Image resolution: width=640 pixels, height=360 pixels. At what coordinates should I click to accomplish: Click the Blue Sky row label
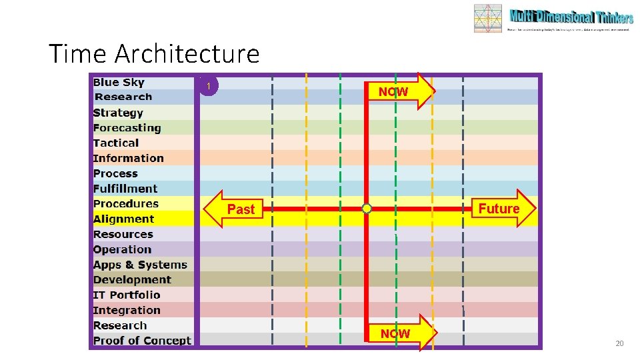pos(119,83)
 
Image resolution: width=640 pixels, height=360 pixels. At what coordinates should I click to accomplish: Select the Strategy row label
pos(118,113)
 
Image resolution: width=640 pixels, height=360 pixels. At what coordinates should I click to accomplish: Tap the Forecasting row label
pos(127,128)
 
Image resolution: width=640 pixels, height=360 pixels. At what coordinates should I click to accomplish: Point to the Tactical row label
pos(116,143)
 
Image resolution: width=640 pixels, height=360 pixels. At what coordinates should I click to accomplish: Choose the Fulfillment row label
pos(125,189)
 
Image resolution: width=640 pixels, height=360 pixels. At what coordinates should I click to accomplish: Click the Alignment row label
pos(123,219)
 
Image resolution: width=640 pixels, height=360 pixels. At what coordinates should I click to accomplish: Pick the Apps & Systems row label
pos(140,265)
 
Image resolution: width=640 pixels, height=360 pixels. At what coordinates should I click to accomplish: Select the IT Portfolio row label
pos(127,295)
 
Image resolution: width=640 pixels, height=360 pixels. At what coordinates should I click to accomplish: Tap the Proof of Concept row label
pos(142,341)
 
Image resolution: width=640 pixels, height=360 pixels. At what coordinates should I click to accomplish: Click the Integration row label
pos(127,311)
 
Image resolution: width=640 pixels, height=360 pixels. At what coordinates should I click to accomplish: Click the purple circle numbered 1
pos(209,86)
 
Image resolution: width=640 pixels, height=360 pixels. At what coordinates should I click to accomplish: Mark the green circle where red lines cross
pos(367,209)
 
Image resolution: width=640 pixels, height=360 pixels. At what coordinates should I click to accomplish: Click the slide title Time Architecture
pos(154,53)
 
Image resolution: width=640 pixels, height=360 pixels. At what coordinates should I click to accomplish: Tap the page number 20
pos(619,343)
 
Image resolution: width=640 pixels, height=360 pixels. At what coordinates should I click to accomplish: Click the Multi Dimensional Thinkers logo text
pos(571,17)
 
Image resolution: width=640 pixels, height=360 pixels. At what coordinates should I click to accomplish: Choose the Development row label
pos(132,280)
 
